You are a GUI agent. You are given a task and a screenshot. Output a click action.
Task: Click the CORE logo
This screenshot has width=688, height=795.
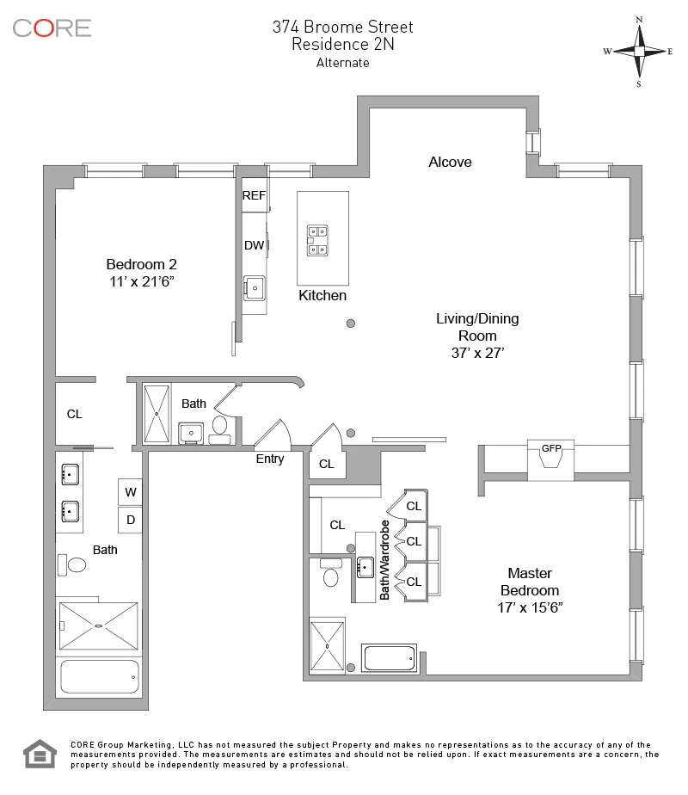click(x=52, y=28)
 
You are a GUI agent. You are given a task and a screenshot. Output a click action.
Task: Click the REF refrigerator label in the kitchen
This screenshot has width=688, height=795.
click(x=254, y=195)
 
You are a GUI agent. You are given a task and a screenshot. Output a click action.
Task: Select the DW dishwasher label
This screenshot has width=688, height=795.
click(x=254, y=245)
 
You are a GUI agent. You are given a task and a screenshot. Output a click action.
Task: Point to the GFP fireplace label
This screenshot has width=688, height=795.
click(x=550, y=447)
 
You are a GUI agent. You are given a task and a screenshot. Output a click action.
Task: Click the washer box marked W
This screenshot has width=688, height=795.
click(x=131, y=492)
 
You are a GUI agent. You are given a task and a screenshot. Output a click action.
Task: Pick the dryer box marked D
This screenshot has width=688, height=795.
click(x=131, y=520)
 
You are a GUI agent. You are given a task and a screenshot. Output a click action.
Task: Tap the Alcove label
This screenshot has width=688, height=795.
click(x=450, y=162)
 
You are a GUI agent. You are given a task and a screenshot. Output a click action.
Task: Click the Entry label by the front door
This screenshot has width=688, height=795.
click(x=270, y=459)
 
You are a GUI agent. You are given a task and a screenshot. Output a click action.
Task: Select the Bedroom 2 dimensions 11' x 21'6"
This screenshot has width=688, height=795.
click(x=141, y=280)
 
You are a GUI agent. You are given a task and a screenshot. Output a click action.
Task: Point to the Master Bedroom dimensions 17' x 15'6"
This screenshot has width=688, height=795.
click(x=529, y=607)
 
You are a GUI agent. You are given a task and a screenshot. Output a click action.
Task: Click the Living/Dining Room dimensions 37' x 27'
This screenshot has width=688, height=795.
click(x=477, y=352)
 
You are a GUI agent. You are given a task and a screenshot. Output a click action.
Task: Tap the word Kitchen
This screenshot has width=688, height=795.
click(x=322, y=295)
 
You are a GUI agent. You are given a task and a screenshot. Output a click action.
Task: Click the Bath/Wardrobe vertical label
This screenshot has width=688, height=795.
click(x=385, y=559)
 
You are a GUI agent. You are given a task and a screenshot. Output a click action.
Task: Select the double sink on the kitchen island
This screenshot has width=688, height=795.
click(x=319, y=240)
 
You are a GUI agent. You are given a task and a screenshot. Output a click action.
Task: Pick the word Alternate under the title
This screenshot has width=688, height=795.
click(x=342, y=63)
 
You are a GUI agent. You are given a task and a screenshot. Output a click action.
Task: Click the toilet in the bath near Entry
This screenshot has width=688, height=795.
click(x=218, y=426)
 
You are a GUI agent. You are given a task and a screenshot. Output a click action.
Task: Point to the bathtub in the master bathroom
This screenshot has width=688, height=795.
click(x=390, y=658)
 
